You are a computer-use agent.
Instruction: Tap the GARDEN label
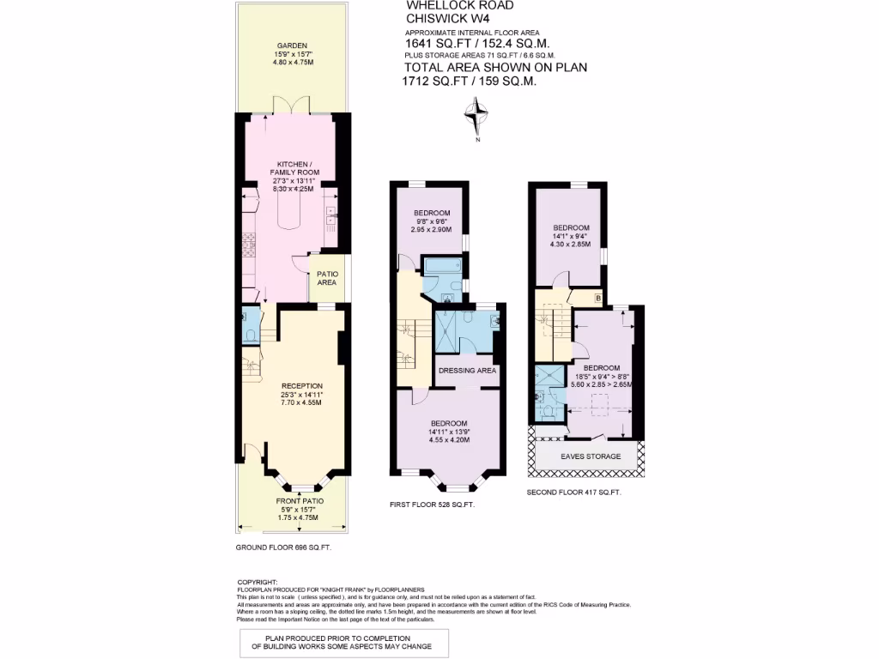[292, 45]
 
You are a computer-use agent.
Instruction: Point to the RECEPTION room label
[302, 385]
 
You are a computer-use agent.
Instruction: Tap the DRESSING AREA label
[468, 372]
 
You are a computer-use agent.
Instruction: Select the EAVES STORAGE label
[591, 456]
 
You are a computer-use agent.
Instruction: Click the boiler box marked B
[597, 298]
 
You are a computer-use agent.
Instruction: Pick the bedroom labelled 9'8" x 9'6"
[432, 214]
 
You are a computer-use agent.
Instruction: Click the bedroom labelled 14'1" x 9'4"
[571, 227]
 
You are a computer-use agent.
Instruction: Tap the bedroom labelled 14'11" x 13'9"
[449, 424]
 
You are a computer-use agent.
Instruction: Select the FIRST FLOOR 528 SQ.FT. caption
[432, 505]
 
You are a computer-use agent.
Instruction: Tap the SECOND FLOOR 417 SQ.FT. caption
[573, 493]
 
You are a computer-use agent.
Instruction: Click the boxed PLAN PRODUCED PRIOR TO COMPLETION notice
[343, 643]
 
